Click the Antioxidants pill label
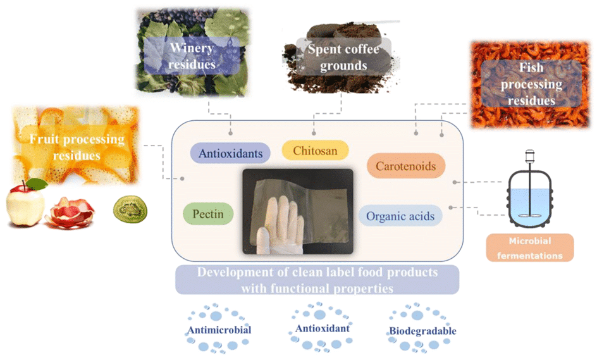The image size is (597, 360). tap(230, 153)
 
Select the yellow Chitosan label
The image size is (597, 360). tap(315, 151)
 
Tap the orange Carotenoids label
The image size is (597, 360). tap(406, 166)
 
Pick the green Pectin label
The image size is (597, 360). tap(208, 214)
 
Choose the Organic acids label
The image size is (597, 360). tap(400, 216)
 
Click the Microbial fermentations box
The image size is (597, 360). tap(529, 247)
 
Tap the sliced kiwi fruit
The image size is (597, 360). tap(130, 209)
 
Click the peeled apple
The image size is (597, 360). tap(26, 206)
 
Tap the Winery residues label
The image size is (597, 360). tap(192, 56)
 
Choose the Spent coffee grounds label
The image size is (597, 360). tap(343, 57)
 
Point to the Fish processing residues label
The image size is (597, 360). tap(531, 84)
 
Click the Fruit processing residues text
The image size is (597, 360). tap(77, 147)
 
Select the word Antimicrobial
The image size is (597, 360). tap(219, 330)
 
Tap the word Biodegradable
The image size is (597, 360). tap(422, 331)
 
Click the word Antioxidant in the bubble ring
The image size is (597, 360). tap(323, 328)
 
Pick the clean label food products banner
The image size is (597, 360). tap(317, 280)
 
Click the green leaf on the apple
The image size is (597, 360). tap(37, 184)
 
